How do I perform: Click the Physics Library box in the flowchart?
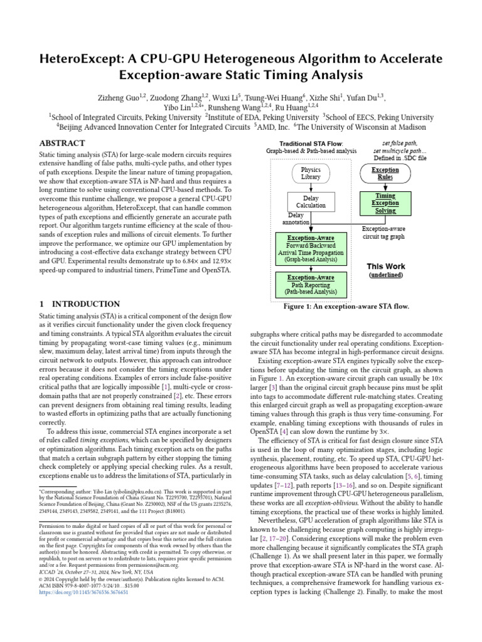(x=311, y=173)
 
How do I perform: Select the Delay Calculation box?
(x=311, y=201)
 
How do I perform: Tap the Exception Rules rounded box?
(x=385, y=173)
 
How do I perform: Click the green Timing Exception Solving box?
(x=385, y=203)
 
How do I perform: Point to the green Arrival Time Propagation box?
(x=311, y=248)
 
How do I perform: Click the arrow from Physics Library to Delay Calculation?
(x=311, y=187)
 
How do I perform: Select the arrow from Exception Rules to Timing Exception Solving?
(x=385, y=187)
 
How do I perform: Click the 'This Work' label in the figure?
(x=385, y=265)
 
